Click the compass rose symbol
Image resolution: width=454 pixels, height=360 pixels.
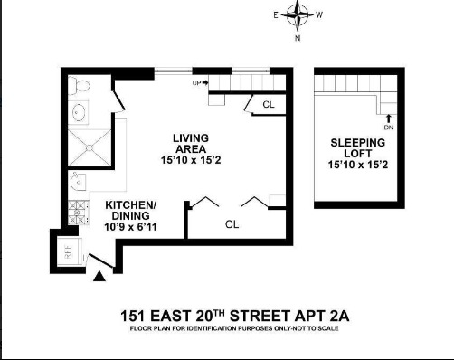click(x=297, y=15)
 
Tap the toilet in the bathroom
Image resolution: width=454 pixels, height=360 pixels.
click(x=80, y=87)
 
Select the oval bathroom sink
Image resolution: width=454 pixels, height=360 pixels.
click(x=79, y=114)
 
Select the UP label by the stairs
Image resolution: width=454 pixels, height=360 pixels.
click(x=198, y=83)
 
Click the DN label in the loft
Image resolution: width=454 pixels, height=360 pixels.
click(x=389, y=127)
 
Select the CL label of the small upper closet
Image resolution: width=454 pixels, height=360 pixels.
click(x=269, y=105)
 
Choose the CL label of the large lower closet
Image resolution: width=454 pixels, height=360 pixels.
click(x=232, y=223)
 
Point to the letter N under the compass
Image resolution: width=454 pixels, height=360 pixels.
click(x=297, y=39)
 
